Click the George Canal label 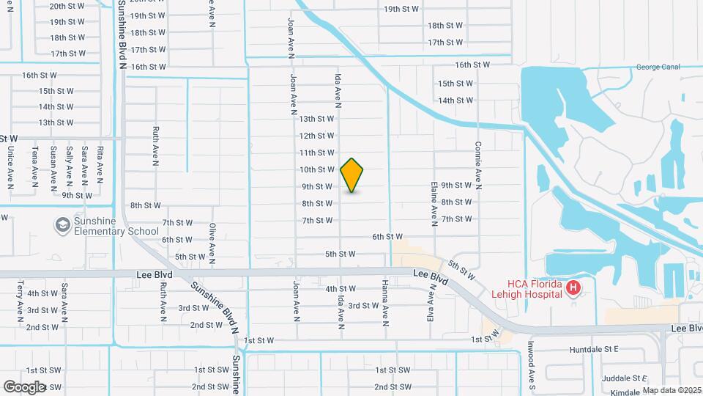(658, 67)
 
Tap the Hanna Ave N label (385, 301)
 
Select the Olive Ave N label (212, 243)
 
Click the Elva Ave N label (430, 305)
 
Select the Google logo (23, 386)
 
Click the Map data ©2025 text (672, 390)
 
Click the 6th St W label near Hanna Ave (387, 236)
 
